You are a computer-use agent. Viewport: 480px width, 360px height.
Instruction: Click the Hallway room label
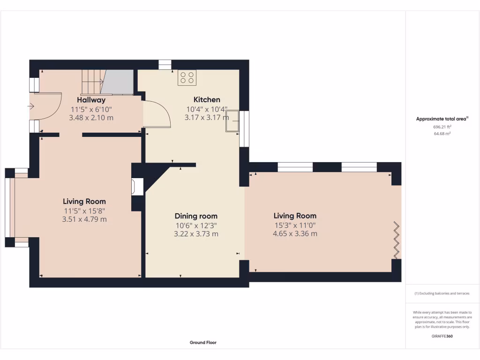tap(91, 100)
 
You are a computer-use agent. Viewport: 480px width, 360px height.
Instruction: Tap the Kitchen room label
tap(207, 99)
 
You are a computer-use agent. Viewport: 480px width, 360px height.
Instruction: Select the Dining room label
tap(196, 216)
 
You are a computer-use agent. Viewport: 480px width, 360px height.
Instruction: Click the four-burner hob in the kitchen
tap(187, 78)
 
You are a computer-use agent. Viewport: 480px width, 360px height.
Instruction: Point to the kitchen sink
tap(232, 122)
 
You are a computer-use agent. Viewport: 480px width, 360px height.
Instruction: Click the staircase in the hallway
tap(93, 82)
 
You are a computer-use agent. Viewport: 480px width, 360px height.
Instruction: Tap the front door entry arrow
tap(31, 106)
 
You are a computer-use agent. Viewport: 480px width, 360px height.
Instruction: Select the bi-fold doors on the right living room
tap(397, 240)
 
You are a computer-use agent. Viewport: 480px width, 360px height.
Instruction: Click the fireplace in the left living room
tap(137, 186)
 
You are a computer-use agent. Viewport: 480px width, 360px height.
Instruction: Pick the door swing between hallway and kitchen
tap(157, 114)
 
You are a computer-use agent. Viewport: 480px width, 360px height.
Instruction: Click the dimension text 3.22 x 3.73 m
tap(196, 234)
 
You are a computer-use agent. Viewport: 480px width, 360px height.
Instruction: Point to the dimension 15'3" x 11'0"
tap(295, 225)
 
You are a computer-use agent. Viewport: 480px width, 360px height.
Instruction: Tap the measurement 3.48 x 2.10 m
tap(91, 118)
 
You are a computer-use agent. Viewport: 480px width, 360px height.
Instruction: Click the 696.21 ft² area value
tap(442, 127)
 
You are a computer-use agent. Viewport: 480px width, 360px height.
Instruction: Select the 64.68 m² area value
tap(442, 134)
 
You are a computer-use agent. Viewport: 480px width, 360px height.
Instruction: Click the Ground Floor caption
tap(203, 343)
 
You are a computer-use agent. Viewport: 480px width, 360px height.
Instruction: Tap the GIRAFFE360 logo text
tap(442, 336)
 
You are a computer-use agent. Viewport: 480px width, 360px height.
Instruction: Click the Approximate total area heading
tap(442, 119)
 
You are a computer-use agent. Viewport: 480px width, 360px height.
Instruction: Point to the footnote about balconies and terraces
tap(442, 293)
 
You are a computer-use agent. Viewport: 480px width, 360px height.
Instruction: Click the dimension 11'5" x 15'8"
tap(84, 210)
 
